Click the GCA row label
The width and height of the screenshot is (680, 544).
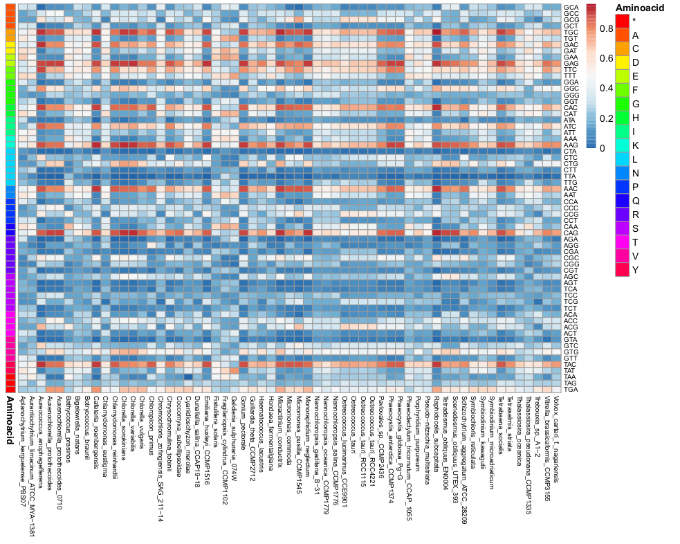(571, 7)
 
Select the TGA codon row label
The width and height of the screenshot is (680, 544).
(571, 389)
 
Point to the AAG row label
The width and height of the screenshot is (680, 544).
(571, 145)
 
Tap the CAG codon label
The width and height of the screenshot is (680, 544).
(571, 233)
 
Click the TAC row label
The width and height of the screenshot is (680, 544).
(571, 364)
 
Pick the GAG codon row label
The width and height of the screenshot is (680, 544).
(571, 63)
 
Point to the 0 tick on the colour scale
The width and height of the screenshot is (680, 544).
(602, 147)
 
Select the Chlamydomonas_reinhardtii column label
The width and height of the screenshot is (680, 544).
(115, 433)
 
